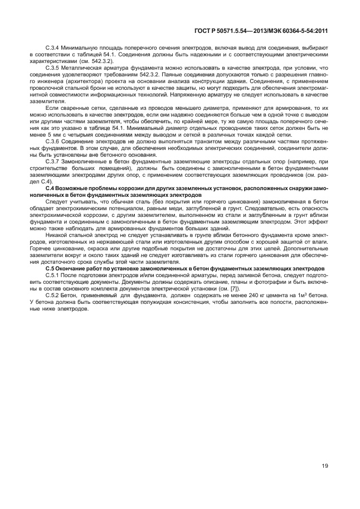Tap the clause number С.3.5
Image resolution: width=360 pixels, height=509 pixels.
coord(52,68)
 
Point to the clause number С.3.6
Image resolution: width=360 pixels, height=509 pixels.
coord(52,143)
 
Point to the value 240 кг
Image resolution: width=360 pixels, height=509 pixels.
coord(257,296)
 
